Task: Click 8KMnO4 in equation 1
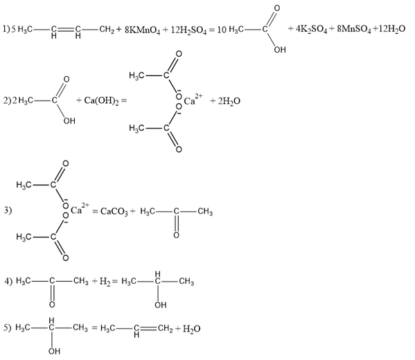143,30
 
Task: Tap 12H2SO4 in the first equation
188,30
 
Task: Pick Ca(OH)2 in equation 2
101,101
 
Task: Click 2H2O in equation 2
229,101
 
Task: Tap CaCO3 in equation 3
114,212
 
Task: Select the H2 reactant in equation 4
105,282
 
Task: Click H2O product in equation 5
192,329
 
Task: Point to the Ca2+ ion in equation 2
193,100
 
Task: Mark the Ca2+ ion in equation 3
80,208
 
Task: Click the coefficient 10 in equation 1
222,30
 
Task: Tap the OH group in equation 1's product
280,50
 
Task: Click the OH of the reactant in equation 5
55,351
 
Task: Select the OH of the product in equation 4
161,305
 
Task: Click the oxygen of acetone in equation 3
176,235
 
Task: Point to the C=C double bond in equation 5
149,329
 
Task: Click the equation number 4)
8,282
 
